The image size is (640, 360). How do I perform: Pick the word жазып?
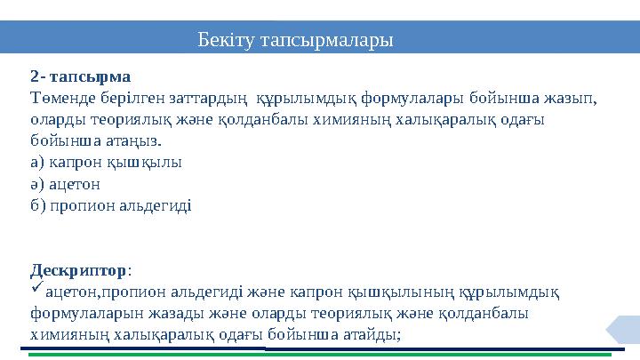coord(572,98)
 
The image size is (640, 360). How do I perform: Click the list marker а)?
coord(37,163)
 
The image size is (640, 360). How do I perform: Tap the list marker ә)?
coord(37,184)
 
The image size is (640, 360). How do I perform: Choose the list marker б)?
coord(37,205)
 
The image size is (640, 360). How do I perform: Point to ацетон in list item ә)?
coord(75,184)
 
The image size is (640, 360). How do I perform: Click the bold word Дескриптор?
coord(78,269)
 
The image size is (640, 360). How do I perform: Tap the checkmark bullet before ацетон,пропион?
coord(36,290)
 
